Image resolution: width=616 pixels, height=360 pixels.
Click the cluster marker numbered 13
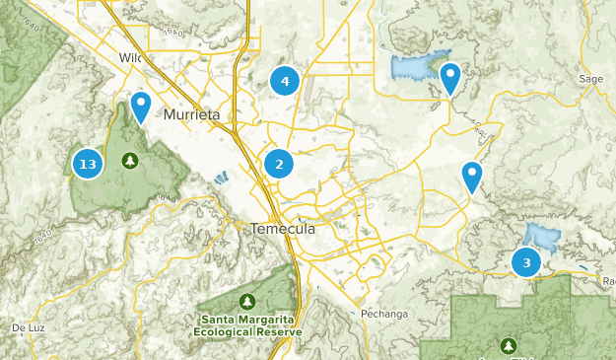coord(88,164)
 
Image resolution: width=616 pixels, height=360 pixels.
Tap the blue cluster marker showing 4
coord(285,81)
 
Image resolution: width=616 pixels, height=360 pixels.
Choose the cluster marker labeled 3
coord(526,262)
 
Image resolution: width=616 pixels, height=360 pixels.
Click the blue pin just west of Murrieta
coord(142,107)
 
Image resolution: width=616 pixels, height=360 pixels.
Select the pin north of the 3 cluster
coord(473,177)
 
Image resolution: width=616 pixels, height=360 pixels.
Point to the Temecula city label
coord(283,228)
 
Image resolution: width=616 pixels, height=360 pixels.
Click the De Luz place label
coord(29,326)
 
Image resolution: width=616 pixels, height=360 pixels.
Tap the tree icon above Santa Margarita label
coord(245,301)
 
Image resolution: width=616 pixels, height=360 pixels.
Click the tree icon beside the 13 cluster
coord(129,160)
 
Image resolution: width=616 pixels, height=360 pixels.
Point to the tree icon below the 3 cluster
coord(509,346)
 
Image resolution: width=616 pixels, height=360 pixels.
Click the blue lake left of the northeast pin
coord(414,67)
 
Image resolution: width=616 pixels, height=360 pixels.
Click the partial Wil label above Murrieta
coord(131,57)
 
